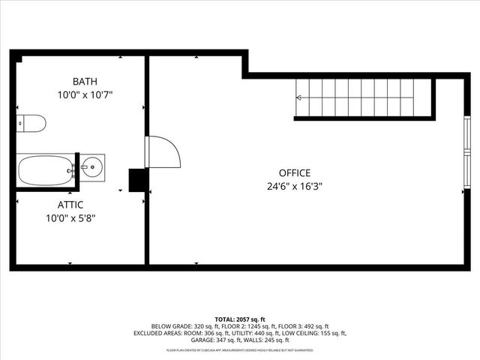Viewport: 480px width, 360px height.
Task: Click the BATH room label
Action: point(85,81)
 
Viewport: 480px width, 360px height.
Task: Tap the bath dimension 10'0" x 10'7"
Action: point(85,95)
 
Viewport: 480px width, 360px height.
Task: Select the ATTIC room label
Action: point(70,204)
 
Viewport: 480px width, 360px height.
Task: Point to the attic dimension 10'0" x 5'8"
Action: point(70,218)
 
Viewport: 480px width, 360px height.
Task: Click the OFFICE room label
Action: point(294,172)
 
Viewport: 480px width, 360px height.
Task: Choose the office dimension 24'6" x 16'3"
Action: point(294,187)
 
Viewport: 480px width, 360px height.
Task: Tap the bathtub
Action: point(45,170)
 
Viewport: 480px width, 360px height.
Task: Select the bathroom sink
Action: point(93,166)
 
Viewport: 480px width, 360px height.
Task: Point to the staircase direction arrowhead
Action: point(300,97)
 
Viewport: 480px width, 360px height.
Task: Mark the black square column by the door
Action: point(138,180)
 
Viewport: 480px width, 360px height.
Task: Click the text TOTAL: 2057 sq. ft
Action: point(240,318)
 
